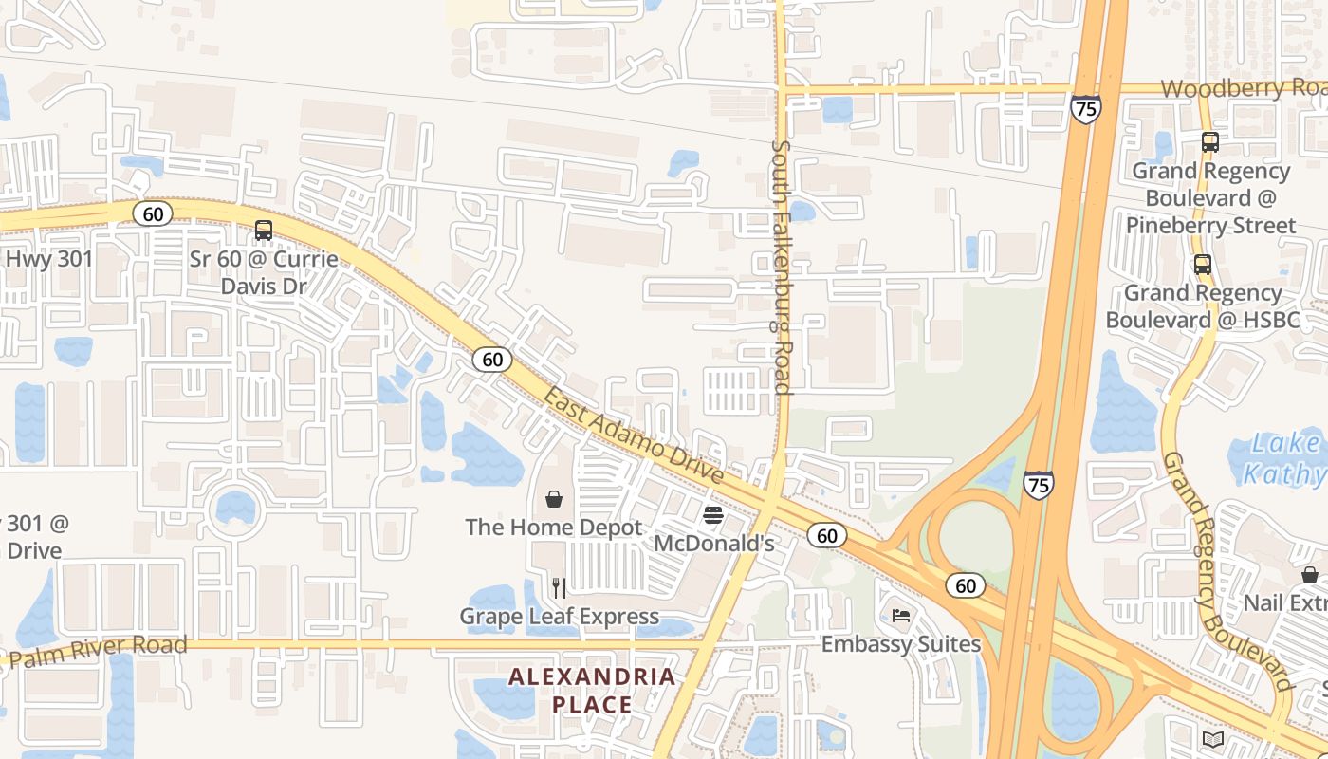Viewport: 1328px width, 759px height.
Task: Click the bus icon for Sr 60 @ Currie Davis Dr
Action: coord(264,230)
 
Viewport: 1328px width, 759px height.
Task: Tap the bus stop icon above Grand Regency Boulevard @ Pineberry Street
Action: coord(1209,142)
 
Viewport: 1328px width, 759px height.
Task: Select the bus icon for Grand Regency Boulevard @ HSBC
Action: coord(1202,264)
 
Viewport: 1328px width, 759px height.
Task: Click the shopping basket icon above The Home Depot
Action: coord(554,499)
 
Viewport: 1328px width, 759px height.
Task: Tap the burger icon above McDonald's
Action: coord(713,515)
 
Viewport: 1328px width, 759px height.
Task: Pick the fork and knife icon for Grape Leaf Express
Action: coord(559,588)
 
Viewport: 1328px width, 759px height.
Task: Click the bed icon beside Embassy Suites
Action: coord(900,616)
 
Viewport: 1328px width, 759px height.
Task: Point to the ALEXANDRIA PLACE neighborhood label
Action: coord(593,691)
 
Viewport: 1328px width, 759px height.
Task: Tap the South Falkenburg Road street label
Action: coord(782,268)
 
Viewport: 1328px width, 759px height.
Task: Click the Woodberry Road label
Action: coord(1243,88)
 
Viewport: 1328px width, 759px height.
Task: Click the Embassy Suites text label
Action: coord(900,644)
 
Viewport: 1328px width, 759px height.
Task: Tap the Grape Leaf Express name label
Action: coord(559,617)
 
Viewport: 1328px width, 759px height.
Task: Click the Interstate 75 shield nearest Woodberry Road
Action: coord(1086,108)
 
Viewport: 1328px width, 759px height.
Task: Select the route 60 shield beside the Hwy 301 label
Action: coord(152,213)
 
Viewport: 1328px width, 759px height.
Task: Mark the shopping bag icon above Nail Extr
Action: coord(1309,575)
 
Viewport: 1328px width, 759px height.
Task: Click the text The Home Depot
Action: coord(554,528)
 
